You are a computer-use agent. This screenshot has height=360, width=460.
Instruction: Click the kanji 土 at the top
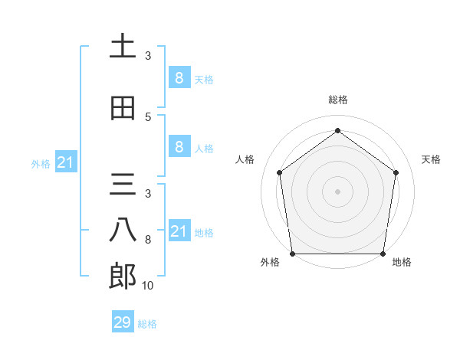coord(123,46)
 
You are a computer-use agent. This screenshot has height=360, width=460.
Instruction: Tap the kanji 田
coord(123,108)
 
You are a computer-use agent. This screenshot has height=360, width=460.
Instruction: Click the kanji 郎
coord(123,277)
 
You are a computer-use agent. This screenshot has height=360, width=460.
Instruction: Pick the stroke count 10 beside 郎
coord(148,286)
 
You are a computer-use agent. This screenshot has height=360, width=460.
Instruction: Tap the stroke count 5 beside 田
coord(148,116)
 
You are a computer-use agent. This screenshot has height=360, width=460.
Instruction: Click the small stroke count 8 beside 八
coord(148,240)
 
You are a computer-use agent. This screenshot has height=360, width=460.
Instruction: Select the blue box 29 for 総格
coord(123,322)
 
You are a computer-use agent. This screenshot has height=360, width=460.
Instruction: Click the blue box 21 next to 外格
coord(66,162)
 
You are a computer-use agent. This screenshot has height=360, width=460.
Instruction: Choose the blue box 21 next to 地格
coord(179,231)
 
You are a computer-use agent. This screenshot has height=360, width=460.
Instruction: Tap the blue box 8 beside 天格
coord(179,78)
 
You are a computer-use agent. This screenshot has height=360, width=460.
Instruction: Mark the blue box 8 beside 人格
coord(179,148)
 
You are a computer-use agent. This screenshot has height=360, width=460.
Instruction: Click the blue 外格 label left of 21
coord(41,163)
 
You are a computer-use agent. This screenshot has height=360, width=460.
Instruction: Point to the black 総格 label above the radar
coord(338,100)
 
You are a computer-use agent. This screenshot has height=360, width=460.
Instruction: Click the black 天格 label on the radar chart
coord(432,159)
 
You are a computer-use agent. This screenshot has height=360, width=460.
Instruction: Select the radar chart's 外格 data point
coord(292,254)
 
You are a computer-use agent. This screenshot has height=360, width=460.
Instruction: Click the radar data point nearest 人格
coord(279,172)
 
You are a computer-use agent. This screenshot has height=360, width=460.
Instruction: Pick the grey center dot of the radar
coord(338,191)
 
